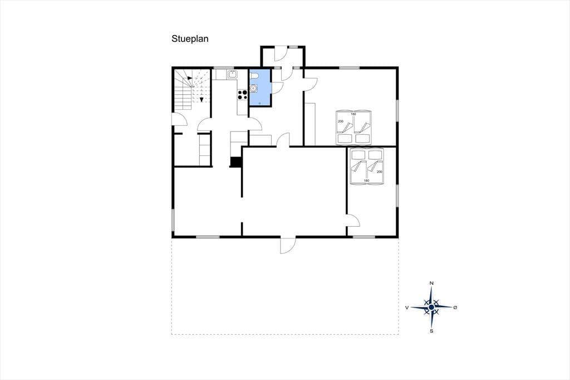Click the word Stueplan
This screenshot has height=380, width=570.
coord(190,39)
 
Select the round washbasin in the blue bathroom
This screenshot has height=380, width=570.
coord(253,88)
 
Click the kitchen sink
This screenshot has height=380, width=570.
coord(232,75)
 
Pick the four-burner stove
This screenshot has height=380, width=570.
coord(243,95)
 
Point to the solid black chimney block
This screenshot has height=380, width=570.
coord(236,162)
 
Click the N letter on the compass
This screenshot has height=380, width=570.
coord(431,283)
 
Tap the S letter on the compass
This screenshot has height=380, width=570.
coord(431,331)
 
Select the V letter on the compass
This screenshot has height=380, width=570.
coord(407,308)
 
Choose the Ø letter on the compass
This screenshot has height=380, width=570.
coord(455,308)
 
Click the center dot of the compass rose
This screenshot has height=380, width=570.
coord(431,308)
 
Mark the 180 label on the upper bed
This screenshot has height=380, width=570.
coord(353,114)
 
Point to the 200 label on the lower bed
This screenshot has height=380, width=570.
coord(380,172)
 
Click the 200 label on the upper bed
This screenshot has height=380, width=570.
coord(341,121)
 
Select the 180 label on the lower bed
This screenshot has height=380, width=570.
coord(366,181)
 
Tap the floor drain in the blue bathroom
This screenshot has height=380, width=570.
coord(259,104)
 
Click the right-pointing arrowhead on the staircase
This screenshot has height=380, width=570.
coord(190,78)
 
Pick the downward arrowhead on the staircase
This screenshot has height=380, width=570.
coord(202,100)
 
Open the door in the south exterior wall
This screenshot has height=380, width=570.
coord(288,245)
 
